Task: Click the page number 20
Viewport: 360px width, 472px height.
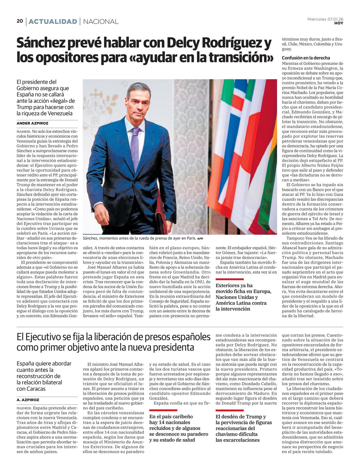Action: click(20, 21)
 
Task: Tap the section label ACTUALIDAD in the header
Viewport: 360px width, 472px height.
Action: click(53, 22)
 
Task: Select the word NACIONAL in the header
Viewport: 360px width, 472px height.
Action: click(100, 22)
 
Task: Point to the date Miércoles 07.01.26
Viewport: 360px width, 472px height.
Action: click(325, 19)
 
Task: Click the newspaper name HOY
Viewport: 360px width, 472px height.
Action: click(339, 23)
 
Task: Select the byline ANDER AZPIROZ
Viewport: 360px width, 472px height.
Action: click(32, 123)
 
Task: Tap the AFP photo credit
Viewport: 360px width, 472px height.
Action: click(200, 239)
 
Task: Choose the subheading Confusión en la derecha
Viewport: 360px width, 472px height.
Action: click(306, 58)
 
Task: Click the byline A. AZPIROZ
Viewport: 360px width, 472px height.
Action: click(28, 400)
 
